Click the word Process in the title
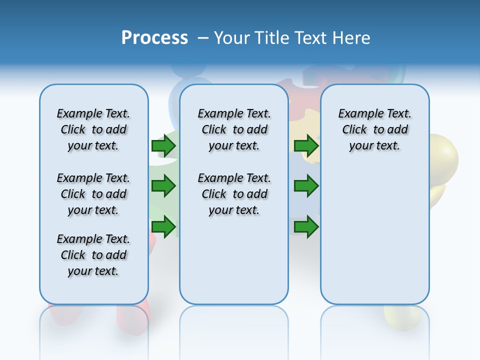coord(154,38)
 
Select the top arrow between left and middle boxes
coord(163,145)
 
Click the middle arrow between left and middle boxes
coord(163,186)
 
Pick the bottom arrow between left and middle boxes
coord(163,227)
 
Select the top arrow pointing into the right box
coord(306,145)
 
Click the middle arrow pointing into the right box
coord(306,186)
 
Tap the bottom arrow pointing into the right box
coord(306,227)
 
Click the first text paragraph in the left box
coord(93,129)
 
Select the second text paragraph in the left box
coord(93,194)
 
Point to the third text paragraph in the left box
coord(93,255)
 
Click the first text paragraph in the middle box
coord(234,129)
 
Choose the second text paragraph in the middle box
coord(234,194)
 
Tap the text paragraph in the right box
coord(374,129)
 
